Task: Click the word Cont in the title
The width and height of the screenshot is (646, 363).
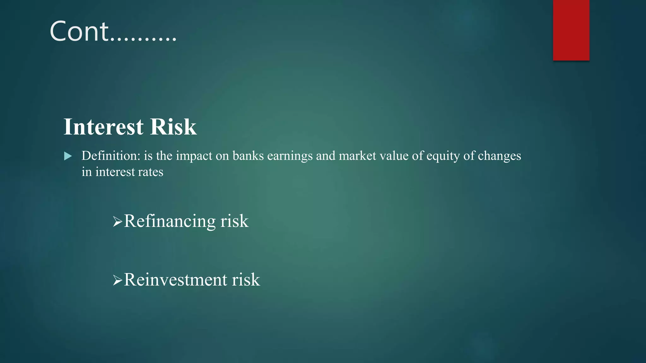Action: pyautogui.click(x=79, y=32)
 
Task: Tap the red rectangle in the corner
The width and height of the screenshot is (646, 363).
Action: pyautogui.click(x=571, y=30)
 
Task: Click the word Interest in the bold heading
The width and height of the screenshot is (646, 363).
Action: pyautogui.click(x=104, y=127)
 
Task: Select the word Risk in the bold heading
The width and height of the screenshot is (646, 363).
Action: pyautogui.click(x=173, y=127)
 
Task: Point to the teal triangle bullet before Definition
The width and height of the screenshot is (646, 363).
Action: pyautogui.click(x=68, y=156)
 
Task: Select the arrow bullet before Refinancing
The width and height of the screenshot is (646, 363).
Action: pyautogui.click(x=117, y=222)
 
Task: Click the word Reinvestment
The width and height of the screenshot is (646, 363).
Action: pyautogui.click(x=175, y=280)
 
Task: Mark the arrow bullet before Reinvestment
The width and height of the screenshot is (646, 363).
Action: pyautogui.click(x=117, y=280)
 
